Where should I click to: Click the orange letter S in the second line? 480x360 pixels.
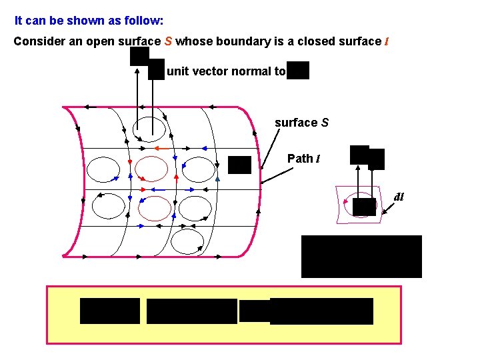pos(169,41)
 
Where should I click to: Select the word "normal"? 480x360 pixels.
pos(251,71)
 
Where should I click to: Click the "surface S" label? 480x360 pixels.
pos(301,123)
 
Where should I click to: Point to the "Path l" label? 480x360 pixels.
pos(303,159)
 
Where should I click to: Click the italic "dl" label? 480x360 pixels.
pos(399,197)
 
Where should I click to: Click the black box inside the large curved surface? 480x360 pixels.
pos(239,164)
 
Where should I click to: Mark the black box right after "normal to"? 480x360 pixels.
pos(299,70)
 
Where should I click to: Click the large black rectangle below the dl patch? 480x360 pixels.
pos(361,256)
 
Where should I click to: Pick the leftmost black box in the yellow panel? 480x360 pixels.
pos(110,311)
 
